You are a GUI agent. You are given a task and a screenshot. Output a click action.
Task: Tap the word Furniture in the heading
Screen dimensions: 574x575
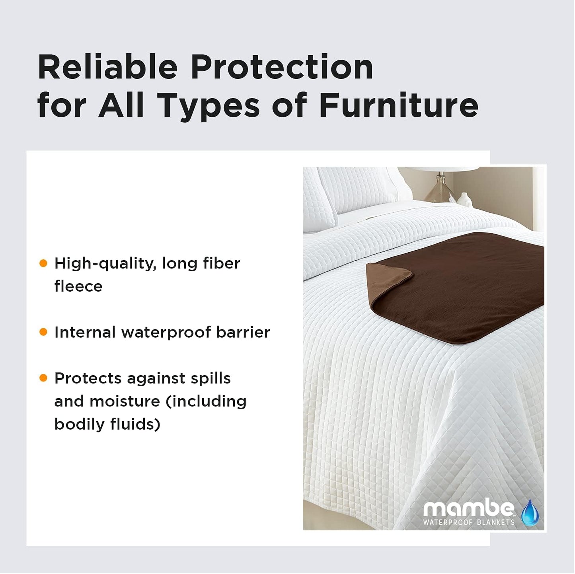(399, 105)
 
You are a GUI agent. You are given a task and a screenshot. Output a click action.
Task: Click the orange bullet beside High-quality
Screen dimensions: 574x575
(43, 263)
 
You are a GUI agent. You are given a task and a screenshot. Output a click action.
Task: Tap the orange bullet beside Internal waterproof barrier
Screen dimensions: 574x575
(43, 332)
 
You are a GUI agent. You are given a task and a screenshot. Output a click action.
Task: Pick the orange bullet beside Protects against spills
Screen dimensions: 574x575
(43, 378)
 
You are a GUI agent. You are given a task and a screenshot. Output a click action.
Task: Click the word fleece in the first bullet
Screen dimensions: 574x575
(78, 286)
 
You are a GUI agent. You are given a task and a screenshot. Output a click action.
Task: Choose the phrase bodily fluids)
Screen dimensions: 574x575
(107, 424)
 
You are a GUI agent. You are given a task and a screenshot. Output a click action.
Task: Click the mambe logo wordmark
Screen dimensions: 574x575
(469, 509)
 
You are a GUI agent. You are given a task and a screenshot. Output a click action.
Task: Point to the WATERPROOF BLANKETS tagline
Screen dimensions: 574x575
(469, 522)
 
